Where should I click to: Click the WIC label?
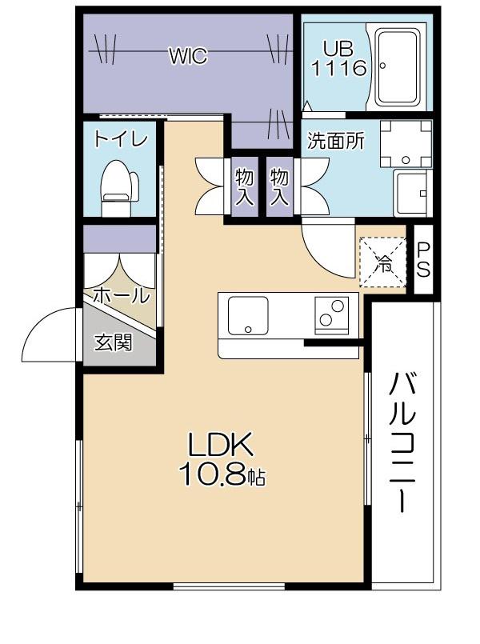click(x=189, y=56)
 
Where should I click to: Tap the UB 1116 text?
click(x=338, y=58)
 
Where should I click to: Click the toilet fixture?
click(x=119, y=187)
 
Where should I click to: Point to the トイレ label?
click(x=120, y=139)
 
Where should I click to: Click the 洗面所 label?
click(x=336, y=141)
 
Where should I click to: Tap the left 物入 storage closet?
click(x=245, y=187)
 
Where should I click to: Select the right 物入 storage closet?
click(x=280, y=187)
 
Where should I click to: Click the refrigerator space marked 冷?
click(x=382, y=262)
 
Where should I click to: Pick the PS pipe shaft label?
click(x=423, y=259)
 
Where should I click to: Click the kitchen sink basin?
click(x=248, y=315)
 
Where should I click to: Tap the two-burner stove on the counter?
click(x=332, y=315)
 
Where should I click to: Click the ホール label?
click(x=120, y=295)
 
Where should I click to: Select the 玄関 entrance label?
click(x=114, y=342)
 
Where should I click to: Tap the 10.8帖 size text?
click(x=222, y=475)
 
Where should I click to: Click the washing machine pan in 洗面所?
click(x=406, y=144)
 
